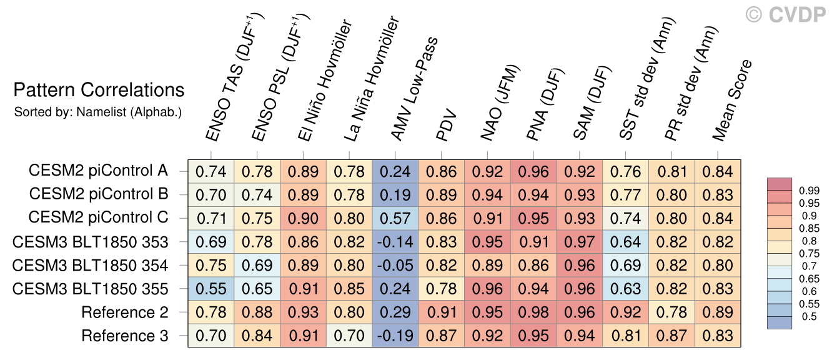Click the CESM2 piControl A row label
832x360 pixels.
point(99,171)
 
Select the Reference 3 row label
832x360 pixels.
point(125,336)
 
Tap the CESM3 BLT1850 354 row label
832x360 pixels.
point(90,265)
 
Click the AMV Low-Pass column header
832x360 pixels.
point(414,89)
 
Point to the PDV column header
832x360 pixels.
point(446,125)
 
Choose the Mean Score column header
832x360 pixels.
point(731,100)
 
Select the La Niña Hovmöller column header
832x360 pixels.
point(371,79)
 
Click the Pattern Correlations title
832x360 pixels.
point(99,90)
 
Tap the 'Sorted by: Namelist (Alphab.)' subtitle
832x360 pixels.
point(98,112)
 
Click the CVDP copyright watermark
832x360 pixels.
point(785,15)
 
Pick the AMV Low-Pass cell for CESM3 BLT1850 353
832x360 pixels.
point(395,242)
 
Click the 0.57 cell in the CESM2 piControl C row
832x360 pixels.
point(395,219)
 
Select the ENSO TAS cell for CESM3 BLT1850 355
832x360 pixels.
point(211,289)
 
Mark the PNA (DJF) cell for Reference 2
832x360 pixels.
point(533,312)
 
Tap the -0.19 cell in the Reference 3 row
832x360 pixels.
point(395,336)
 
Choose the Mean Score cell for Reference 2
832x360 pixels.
point(718,312)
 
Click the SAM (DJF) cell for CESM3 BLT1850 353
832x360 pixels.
point(580,242)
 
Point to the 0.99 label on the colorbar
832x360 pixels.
point(809,191)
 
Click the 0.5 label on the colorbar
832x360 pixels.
point(806,316)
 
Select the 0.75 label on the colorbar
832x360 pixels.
point(809,253)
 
